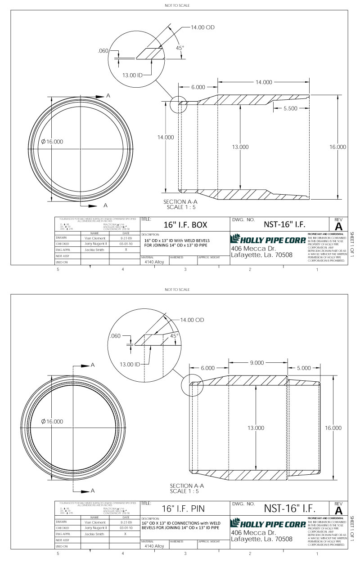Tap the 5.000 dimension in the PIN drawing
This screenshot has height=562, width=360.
coord(304,368)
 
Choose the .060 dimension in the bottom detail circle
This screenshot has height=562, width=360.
coord(116,336)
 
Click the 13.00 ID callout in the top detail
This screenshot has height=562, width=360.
coord(133,75)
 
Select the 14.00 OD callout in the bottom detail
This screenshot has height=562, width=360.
coord(192,320)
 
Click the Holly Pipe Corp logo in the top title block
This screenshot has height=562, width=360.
coord(268,238)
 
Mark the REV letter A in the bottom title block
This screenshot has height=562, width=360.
coord(338,511)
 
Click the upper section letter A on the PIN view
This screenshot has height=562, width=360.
coord(93,366)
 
